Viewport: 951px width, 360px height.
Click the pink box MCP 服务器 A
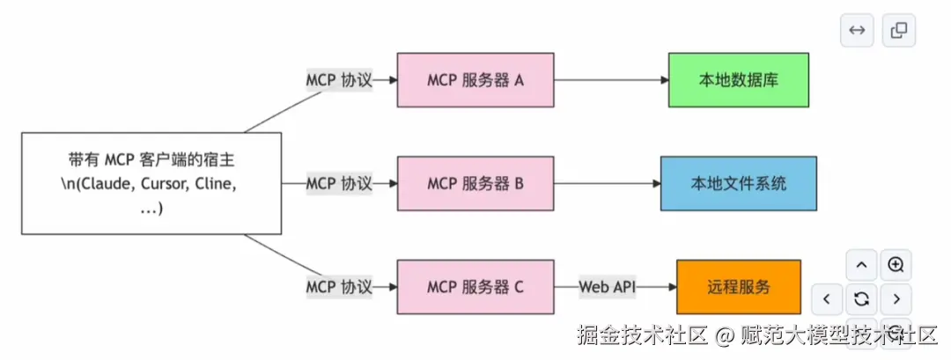[475, 80]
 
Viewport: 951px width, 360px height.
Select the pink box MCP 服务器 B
[475, 184]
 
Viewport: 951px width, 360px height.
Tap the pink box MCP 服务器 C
[475, 287]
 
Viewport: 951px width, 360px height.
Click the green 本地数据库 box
[738, 80]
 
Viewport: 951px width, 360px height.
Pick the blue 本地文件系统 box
[738, 184]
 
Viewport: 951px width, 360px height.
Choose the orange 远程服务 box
[738, 287]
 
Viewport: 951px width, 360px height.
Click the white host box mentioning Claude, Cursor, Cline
[151, 184]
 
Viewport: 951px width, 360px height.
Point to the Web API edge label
[607, 287]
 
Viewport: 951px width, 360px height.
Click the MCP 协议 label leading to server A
[339, 80]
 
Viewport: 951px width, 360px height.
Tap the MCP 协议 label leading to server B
[339, 184]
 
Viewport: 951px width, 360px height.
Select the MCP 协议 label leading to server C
[339, 287]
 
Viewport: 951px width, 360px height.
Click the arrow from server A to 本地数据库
[611, 80]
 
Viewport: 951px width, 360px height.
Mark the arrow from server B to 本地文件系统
[608, 184]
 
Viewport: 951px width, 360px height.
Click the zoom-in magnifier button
[896, 265]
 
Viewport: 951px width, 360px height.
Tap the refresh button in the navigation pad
[861, 298]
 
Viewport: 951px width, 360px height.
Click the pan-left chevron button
[827, 298]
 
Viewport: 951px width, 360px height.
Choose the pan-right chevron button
[896, 298]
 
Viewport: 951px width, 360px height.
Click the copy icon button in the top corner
[899, 30]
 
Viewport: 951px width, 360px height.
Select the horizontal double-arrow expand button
[856, 30]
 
